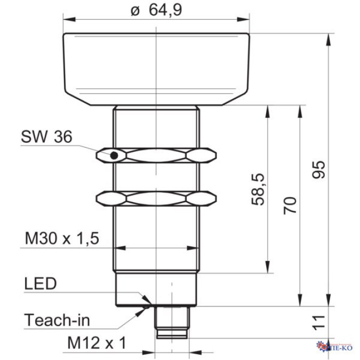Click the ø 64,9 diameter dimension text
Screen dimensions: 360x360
(x=156, y=10)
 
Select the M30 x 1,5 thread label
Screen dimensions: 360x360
(x=63, y=238)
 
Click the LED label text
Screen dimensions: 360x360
(x=40, y=284)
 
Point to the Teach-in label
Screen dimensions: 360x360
(x=57, y=320)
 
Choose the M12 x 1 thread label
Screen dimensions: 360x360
(x=97, y=343)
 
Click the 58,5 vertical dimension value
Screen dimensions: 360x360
(x=258, y=189)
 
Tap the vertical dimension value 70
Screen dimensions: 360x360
(x=290, y=205)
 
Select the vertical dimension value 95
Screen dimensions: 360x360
(x=319, y=170)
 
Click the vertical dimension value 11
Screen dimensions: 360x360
(x=318, y=322)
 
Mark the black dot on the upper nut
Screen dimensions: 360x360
(x=114, y=156)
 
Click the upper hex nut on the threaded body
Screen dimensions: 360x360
(x=157, y=155)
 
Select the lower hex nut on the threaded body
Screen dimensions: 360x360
(x=157, y=198)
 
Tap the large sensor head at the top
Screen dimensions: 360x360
(x=157, y=68)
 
